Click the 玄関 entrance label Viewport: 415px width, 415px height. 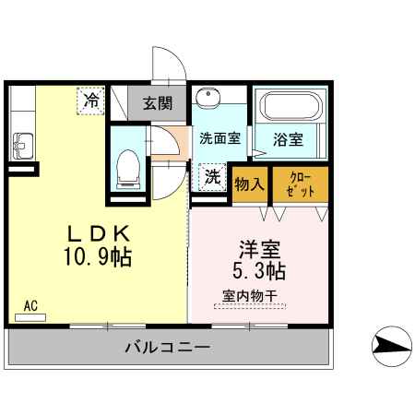tap(158, 102)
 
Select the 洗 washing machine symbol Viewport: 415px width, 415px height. tap(212, 177)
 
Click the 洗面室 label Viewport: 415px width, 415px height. tap(219, 139)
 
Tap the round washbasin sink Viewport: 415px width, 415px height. tap(208, 99)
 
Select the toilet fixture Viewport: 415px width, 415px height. tap(128, 167)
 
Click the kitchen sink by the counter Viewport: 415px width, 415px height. tap(23, 146)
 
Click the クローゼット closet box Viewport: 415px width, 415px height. tap(301, 184)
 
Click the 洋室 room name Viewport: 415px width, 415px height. tap(259, 249)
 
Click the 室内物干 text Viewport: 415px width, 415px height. tap(249, 296)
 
